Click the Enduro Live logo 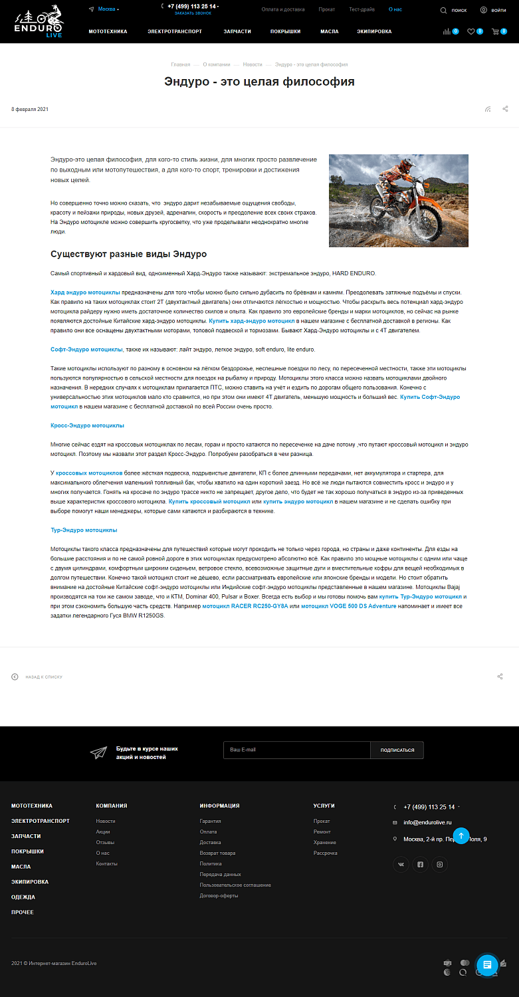(39, 21)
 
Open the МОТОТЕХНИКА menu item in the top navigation (108, 32)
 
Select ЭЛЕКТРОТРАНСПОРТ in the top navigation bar (175, 32)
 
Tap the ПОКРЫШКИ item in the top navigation (286, 32)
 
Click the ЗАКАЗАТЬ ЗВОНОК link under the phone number (193, 13)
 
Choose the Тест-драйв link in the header (362, 10)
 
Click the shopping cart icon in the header (494, 32)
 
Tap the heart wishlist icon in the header (471, 32)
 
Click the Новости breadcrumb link (253, 64)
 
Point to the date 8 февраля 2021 (30, 109)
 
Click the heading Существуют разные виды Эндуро (129, 255)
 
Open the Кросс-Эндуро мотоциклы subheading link (87, 425)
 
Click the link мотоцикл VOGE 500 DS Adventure (348, 606)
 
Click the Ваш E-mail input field (296, 750)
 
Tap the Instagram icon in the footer (439, 865)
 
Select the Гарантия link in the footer (210, 821)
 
